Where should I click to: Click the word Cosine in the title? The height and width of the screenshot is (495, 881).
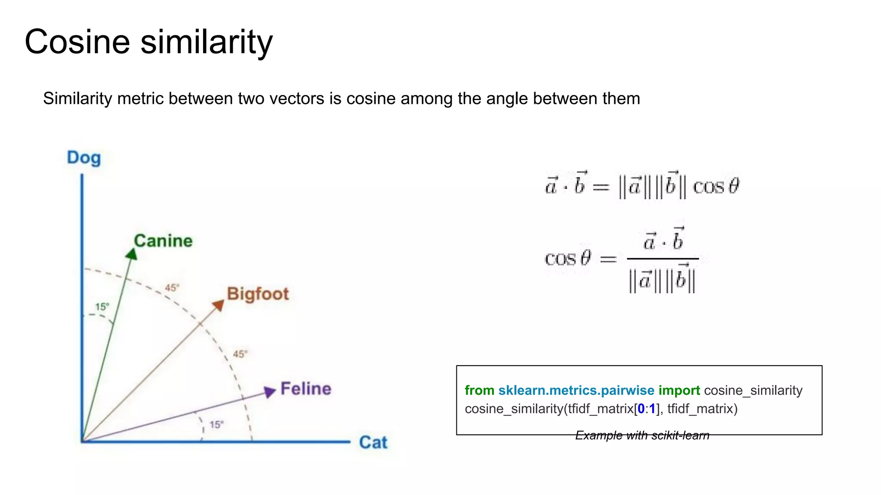[x=77, y=42]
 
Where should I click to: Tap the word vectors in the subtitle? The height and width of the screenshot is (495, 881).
[x=293, y=99]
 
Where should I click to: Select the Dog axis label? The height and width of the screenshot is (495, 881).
[x=84, y=158]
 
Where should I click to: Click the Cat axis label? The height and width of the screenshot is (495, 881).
[x=373, y=442]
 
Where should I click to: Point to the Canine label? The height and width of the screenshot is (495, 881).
[x=163, y=241]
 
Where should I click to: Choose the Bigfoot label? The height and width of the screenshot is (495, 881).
[x=258, y=294]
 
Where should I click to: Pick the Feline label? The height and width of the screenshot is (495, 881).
[x=306, y=389]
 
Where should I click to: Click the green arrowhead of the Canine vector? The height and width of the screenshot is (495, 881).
[x=132, y=254]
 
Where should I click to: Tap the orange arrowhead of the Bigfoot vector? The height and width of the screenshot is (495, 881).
[x=219, y=305]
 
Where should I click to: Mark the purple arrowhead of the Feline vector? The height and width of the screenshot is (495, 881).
[x=270, y=391]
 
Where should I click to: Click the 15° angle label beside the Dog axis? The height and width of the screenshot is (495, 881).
[x=102, y=307]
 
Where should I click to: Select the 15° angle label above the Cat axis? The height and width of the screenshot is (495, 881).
[x=216, y=425]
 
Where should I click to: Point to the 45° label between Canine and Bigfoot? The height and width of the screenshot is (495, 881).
[x=172, y=287]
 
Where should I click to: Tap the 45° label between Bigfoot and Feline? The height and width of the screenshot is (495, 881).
[x=240, y=354]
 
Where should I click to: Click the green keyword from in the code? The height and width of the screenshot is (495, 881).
[x=479, y=391]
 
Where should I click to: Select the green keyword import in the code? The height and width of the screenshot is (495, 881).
[x=679, y=391]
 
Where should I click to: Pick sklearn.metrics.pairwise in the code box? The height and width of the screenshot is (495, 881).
[x=576, y=391]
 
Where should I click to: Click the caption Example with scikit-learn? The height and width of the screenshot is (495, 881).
[x=642, y=435]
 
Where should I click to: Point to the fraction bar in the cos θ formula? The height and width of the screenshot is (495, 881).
[x=662, y=259]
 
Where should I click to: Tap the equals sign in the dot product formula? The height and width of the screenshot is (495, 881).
[x=601, y=187]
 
